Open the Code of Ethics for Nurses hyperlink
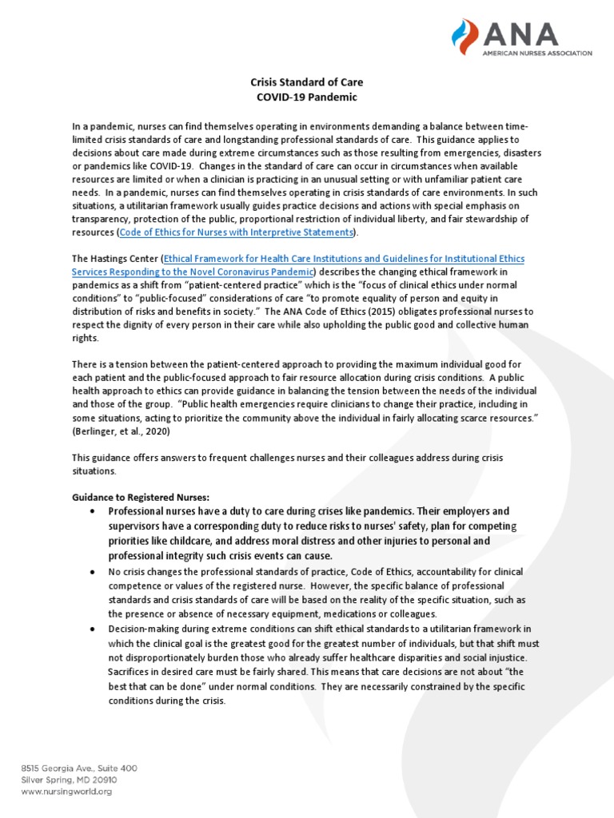[x=236, y=232]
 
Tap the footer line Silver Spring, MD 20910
[x=70, y=780]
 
